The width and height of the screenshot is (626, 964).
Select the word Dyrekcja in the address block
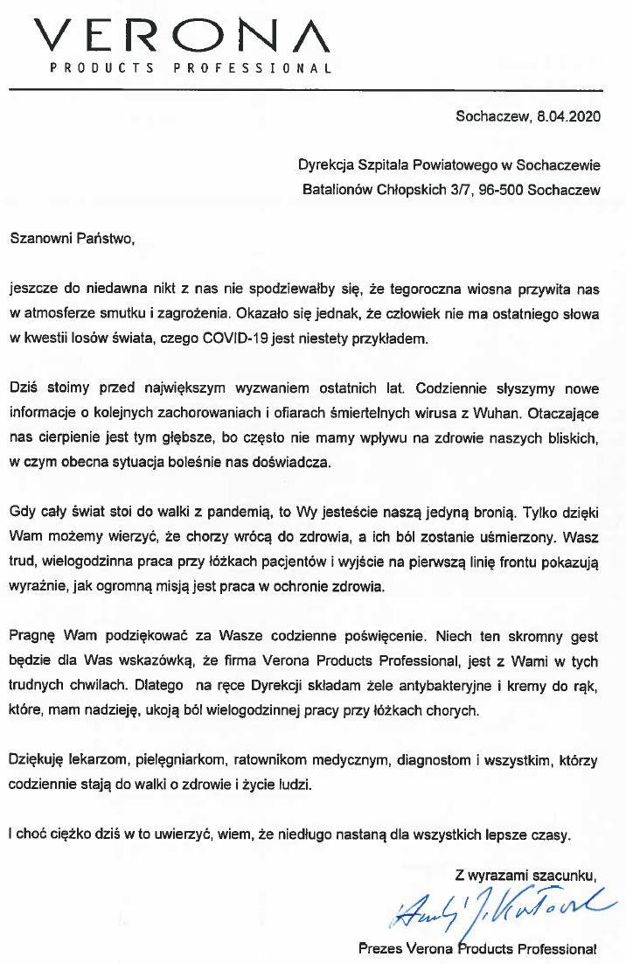click(x=324, y=164)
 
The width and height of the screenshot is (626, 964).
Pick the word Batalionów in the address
click(x=337, y=188)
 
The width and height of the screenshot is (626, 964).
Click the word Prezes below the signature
click(x=378, y=947)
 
